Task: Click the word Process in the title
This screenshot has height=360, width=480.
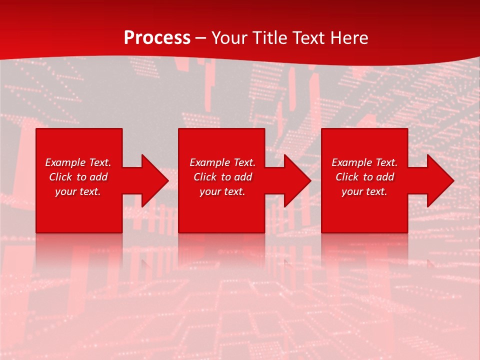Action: click(157, 38)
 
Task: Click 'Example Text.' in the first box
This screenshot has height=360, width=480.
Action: click(78, 162)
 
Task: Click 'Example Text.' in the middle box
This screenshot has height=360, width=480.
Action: click(222, 162)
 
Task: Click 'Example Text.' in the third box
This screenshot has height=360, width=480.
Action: click(364, 162)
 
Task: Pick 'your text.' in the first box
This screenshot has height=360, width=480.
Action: click(78, 191)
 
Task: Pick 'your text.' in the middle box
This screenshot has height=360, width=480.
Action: click(222, 191)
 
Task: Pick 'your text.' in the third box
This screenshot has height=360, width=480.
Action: click(364, 191)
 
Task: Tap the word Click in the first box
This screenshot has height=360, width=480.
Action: click(60, 177)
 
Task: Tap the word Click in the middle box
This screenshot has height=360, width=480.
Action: click(205, 177)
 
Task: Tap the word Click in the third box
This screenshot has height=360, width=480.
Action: click(347, 177)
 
